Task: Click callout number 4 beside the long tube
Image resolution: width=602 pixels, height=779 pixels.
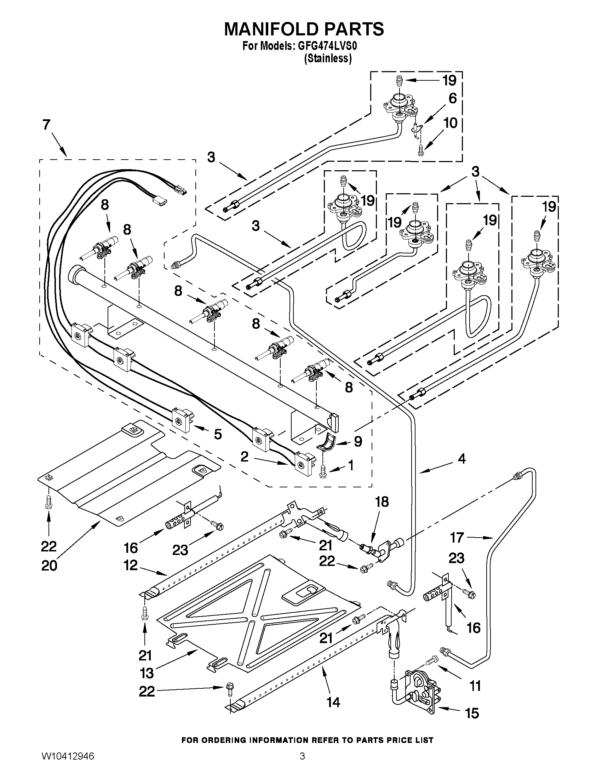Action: pos(461,459)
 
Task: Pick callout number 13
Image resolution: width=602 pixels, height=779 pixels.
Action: pos(147,673)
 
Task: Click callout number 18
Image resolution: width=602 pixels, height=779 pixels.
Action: pos(382,502)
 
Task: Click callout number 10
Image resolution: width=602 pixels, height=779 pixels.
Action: pos(451,123)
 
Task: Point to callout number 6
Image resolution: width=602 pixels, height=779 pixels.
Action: pos(452,98)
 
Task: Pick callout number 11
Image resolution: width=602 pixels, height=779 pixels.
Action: pos(475,686)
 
